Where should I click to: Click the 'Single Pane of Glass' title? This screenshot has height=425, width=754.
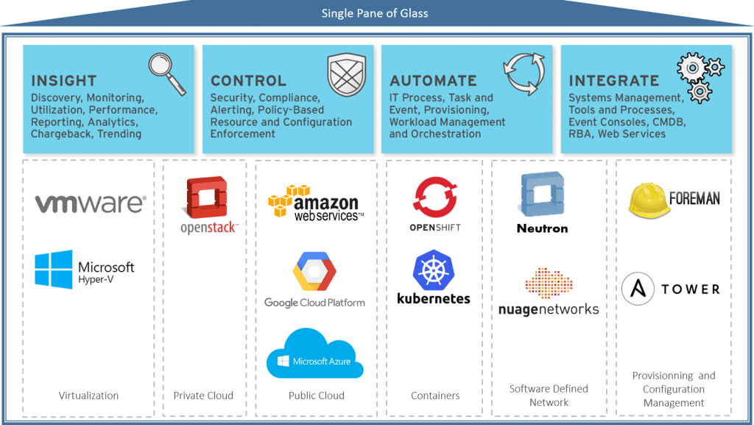click(x=375, y=13)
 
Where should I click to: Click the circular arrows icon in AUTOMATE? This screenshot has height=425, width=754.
click(x=525, y=74)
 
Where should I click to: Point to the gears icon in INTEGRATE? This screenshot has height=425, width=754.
click(x=699, y=76)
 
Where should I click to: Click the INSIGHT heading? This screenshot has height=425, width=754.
click(x=64, y=81)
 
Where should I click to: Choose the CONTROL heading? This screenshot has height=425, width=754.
click(x=248, y=81)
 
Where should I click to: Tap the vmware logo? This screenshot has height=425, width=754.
click(x=90, y=203)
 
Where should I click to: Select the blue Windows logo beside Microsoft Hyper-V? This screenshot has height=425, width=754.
click(x=54, y=269)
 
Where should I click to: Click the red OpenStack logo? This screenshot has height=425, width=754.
click(x=208, y=197)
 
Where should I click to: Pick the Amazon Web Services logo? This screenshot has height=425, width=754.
click(x=315, y=200)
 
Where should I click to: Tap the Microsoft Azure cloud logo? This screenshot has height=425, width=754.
click(x=315, y=354)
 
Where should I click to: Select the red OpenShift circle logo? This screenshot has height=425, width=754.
click(x=436, y=197)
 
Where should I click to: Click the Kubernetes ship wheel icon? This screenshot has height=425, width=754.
click(x=434, y=270)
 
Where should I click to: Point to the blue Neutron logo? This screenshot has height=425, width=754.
click(x=542, y=194)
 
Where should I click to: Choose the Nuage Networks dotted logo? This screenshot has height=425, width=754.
click(x=549, y=284)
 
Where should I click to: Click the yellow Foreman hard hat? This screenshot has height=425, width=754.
click(x=649, y=199)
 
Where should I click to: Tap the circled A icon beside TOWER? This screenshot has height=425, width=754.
click(x=638, y=289)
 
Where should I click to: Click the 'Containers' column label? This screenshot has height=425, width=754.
click(x=435, y=396)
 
